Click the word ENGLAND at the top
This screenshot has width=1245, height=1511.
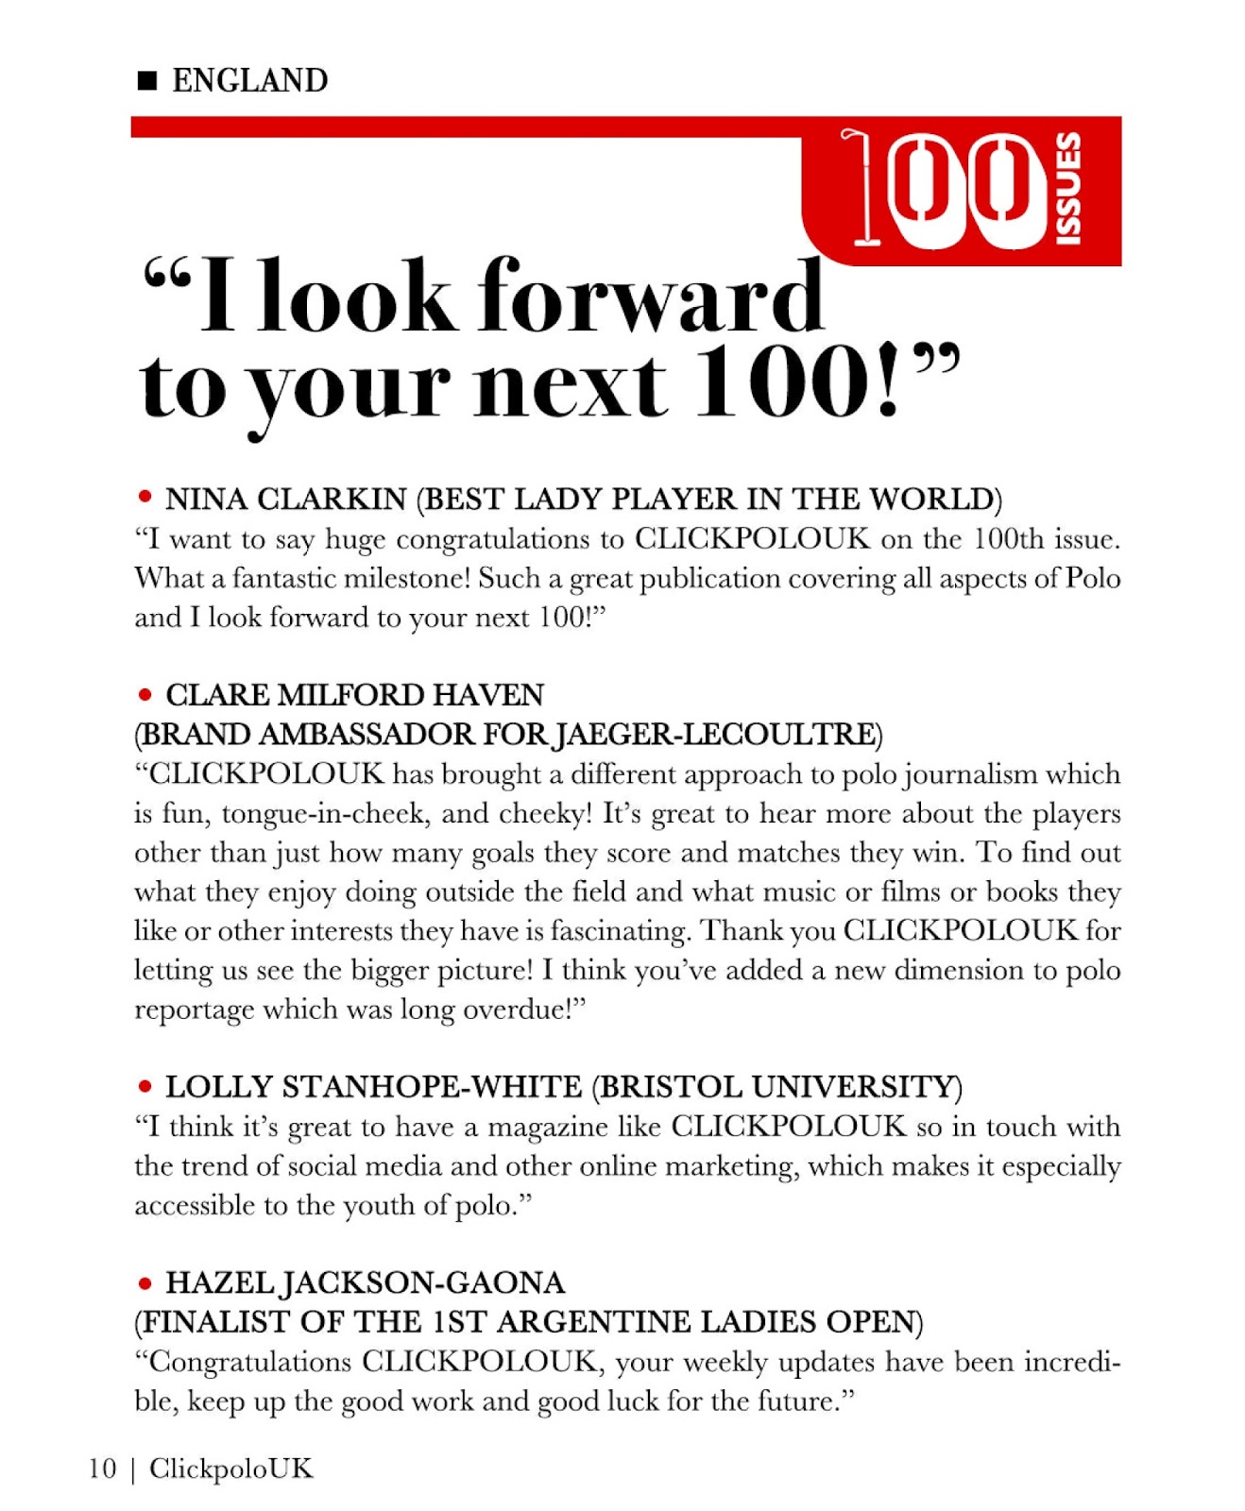click(x=249, y=81)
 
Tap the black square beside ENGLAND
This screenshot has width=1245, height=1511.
click(x=147, y=81)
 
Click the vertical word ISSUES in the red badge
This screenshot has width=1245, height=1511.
click(x=1068, y=188)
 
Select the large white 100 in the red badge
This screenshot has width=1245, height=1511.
click(x=941, y=188)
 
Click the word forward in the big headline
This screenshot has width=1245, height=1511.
click(x=651, y=297)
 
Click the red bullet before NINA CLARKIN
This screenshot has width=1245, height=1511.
click(x=145, y=497)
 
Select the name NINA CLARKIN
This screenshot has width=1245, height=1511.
click(x=286, y=499)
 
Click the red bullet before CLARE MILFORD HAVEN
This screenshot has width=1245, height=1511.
click(x=145, y=695)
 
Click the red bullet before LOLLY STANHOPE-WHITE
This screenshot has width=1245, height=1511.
click(x=145, y=1086)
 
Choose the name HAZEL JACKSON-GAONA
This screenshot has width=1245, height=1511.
click(x=365, y=1282)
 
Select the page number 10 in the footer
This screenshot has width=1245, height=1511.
click(x=103, y=1469)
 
